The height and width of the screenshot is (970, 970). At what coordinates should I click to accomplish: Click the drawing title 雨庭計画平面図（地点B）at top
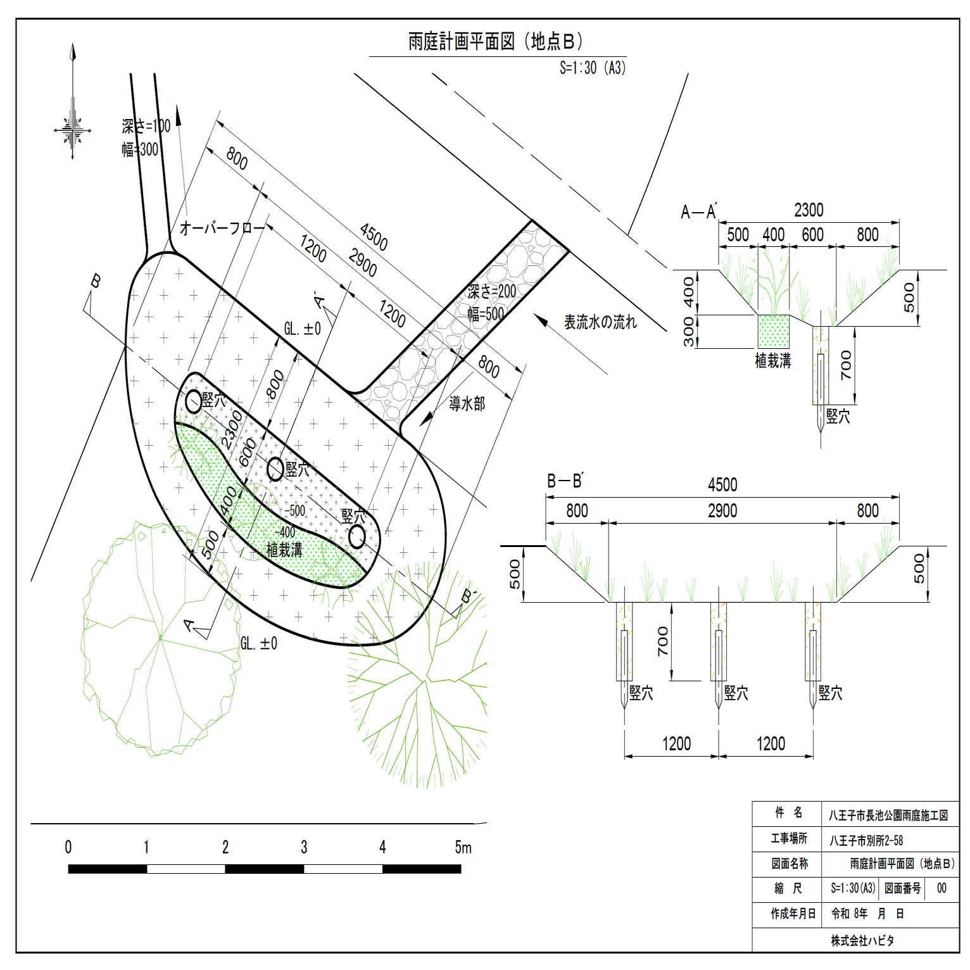(495, 42)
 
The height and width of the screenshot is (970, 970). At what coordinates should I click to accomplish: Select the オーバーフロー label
(222, 228)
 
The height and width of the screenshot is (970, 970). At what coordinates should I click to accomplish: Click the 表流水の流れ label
(600, 322)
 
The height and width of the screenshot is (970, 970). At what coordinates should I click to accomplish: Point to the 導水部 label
(467, 403)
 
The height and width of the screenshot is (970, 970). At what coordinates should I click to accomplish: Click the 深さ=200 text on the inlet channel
(492, 291)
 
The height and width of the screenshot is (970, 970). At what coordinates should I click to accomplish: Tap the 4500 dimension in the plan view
(374, 237)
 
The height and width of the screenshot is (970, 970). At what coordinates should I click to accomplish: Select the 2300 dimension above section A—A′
(809, 210)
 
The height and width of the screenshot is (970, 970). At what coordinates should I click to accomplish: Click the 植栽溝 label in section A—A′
(773, 361)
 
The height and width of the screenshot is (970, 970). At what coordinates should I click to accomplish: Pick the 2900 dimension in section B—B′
(722, 511)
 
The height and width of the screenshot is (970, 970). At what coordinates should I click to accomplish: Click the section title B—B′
(565, 481)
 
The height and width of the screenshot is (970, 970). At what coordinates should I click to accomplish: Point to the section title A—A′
(699, 212)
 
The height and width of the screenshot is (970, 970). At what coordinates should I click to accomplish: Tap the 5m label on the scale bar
(463, 847)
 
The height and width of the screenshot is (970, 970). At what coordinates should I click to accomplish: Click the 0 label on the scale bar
(68, 847)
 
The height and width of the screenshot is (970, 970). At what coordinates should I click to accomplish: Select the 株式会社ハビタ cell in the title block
(862, 940)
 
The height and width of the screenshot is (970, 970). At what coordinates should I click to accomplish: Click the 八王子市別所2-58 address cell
(866, 840)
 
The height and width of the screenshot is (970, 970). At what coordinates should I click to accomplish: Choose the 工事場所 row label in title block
(789, 838)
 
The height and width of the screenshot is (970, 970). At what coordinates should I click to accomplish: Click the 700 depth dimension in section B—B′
(663, 641)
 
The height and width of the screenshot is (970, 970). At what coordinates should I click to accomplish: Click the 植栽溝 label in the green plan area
(284, 550)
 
